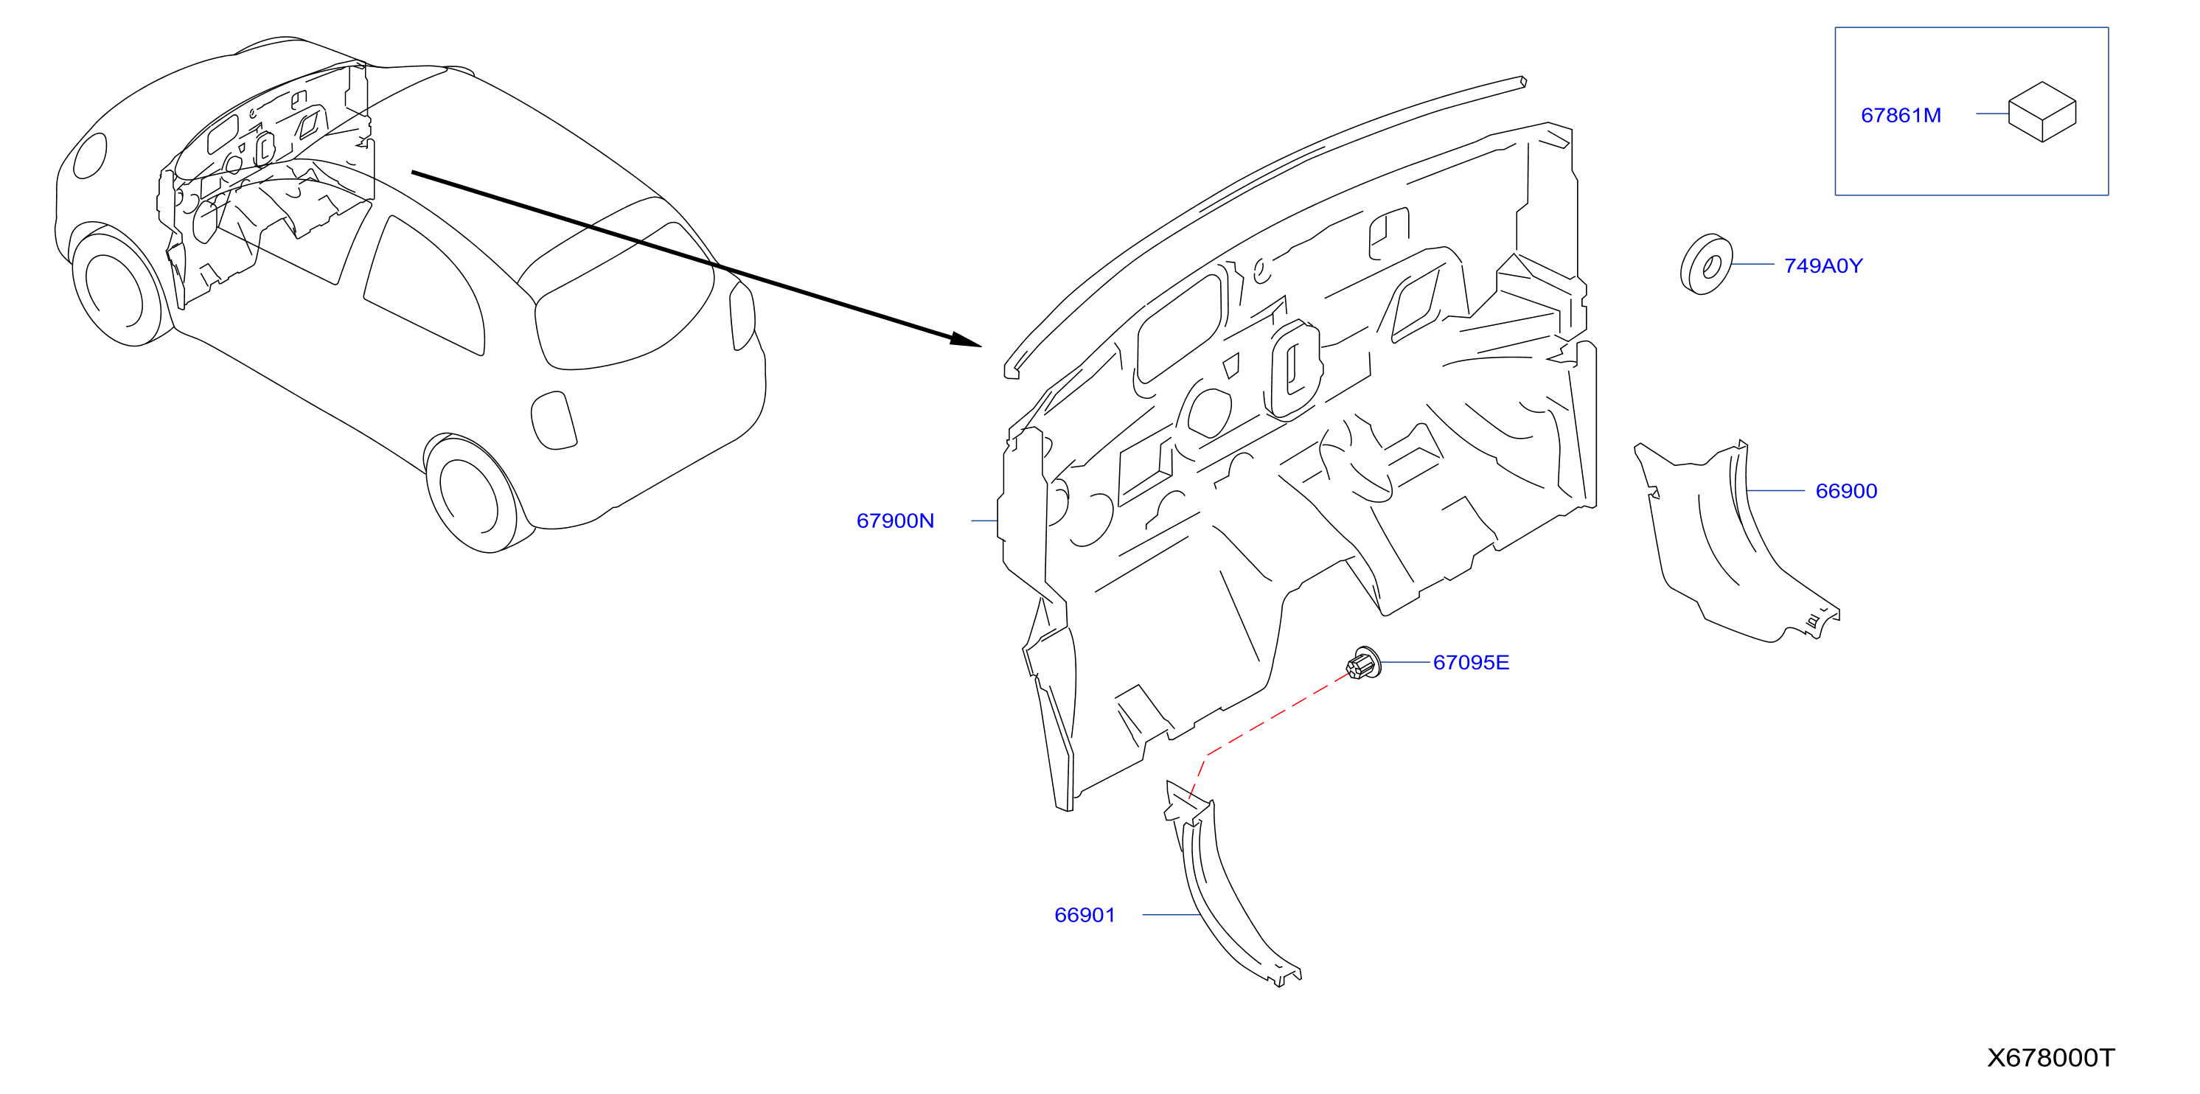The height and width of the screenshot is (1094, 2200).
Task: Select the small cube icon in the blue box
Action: click(2042, 112)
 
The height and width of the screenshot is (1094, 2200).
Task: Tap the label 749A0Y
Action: click(1823, 265)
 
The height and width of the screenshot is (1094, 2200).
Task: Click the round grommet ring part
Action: click(1706, 265)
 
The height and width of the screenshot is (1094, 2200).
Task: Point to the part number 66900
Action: click(1846, 491)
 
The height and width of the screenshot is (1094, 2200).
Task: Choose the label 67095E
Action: click(1471, 663)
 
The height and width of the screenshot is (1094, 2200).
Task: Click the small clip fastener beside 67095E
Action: click(1364, 663)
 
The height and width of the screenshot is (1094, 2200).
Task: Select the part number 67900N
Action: click(895, 521)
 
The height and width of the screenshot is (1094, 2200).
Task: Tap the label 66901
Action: click(1085, 916)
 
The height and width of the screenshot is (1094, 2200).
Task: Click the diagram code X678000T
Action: click(2050, 1058)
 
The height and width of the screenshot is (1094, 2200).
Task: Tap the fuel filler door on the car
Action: click(554, 420)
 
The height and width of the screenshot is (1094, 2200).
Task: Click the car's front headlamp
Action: click(91, 156)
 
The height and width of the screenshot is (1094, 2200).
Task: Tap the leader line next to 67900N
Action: click(985, 521)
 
